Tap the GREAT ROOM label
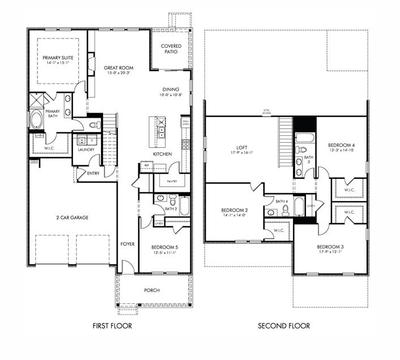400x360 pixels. click(118, 67)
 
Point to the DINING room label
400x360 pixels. click(171, 89)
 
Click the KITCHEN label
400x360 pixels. click(163, 154)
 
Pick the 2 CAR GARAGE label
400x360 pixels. click(72, 217)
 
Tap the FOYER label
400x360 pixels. click(127, 244)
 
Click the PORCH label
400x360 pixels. click(152, 290)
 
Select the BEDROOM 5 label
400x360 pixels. click(165, 247)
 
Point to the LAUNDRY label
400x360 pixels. click(86, 150)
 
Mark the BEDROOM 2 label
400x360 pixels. click(234, 210)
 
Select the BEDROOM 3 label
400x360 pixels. click(330, 247)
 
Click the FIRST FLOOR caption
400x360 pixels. click(112, 326)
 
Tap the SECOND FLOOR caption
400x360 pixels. click(284, 326)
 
